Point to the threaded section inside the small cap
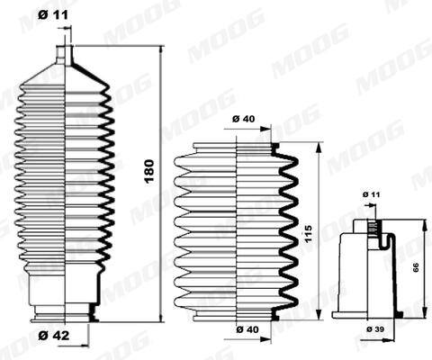(x=371, y=232)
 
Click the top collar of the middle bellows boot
(x=237, y=147)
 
